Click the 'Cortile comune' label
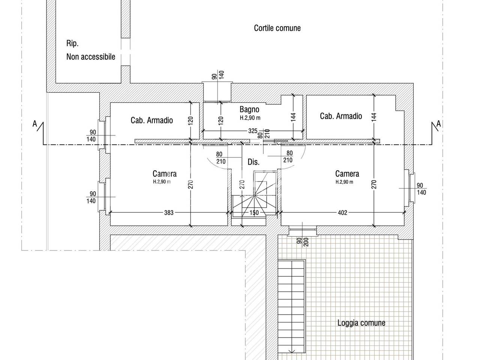pos(277,28)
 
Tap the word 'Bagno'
pos(249,109)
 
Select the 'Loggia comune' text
pos(361,323)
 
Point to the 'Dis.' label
pos(253,162)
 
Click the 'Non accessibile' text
pos(91,57)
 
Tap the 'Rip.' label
pos(72,43)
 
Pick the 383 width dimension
pos(169,213)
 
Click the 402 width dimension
pos(342,213)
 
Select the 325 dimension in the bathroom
pos(253,131)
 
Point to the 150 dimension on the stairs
pos(254,213)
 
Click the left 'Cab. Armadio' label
pos(152,120)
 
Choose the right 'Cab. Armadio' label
pos(341,116)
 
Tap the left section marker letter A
pos(34,124)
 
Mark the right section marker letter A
pos(438,124)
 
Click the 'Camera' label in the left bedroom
pos(165,174)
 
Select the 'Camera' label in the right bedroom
pos(347,174)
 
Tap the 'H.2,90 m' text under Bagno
pos(250,118)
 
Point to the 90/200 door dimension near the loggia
pos(303,242)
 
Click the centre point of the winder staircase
pos(254,196)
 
